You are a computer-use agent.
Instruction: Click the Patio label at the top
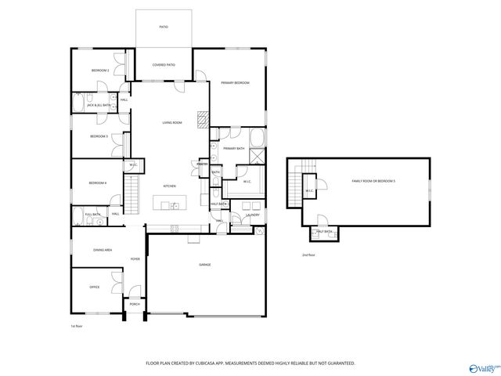point(164,27)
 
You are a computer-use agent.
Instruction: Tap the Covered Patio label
point(164,66)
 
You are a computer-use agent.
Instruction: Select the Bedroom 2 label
point(99,71)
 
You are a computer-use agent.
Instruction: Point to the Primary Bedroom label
point(235,82)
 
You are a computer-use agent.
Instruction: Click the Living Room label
point(172,123)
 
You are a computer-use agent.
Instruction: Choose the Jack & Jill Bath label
point(98,105)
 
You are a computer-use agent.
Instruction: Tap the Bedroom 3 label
point(98,136)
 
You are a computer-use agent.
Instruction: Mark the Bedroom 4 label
point(98,183)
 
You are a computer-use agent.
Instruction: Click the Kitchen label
point(169,186)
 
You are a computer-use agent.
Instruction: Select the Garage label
point(204,265)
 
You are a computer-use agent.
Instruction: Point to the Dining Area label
point(103,250)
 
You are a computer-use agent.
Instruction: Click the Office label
point(94,287)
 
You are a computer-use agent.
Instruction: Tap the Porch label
point(135,304)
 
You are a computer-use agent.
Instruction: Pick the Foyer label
point(135,258)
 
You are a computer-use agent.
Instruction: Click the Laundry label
point(252,215)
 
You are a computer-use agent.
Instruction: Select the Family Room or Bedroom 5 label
point(373,181)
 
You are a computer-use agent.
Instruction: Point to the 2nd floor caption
point(308,255)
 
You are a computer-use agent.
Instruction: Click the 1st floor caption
point(77,325)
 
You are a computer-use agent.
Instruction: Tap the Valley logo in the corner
point(482,367)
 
